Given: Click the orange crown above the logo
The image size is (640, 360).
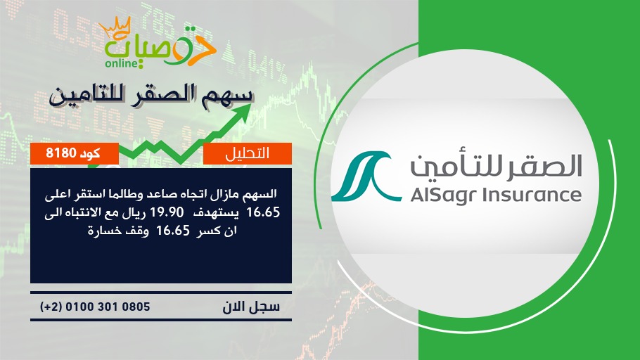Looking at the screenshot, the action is [115, 27].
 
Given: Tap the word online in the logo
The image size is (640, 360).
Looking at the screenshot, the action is [121, 64].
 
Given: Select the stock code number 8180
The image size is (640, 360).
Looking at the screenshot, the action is [61, 153].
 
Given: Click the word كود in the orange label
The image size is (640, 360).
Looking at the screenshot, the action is [90, 153].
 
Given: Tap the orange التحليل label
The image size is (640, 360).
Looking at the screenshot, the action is [248, 153].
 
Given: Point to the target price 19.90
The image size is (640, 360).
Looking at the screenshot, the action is [167, 212].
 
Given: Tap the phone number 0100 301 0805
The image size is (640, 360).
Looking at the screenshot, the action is [108, 307].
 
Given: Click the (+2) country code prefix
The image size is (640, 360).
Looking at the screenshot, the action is [51, 307].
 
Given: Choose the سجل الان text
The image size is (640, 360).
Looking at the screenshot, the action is [251, 307].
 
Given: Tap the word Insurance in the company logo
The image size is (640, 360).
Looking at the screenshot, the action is [532, 195].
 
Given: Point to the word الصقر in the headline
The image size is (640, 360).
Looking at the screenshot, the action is [165, 96].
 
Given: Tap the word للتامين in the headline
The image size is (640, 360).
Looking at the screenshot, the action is [87, 96].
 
